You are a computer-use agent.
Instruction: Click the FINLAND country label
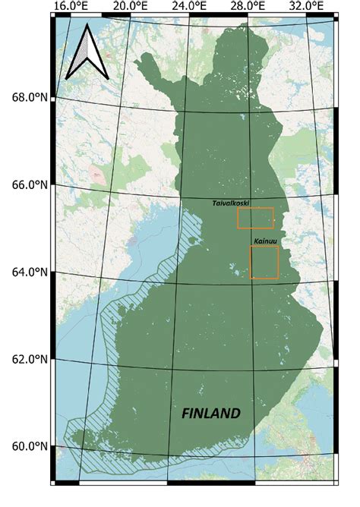click(x=211, y=414)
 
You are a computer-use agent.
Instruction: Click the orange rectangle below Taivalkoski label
click(x=255, y=218)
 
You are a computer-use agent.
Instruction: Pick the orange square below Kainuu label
click(x=264, y=262)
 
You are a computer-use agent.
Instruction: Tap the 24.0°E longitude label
click(x=191, y=7)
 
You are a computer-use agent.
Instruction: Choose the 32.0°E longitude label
click(x=307, y=7)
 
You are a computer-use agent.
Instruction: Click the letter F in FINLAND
click(x=187, y=414)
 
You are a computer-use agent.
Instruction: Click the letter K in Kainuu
click(x=254, y=241)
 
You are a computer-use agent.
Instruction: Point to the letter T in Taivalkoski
click(x=215, y=203)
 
